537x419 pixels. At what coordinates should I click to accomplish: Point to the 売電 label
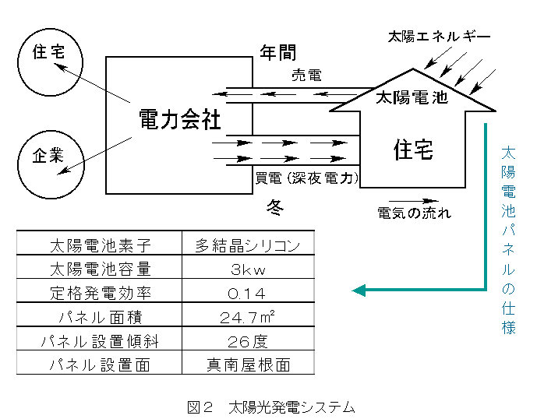[x=306, y=76]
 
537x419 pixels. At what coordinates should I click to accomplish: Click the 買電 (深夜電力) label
[x=307, y=178]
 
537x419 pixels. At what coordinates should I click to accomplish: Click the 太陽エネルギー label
[x=440, y=37]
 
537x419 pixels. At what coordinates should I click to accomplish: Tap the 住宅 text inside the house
[x=414, y=148]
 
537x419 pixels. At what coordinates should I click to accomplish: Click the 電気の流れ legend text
[x=414, y=212]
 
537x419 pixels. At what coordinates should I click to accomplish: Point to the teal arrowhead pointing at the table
[x=359, y=290]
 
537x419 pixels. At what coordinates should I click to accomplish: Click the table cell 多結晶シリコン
[x=247, y=246]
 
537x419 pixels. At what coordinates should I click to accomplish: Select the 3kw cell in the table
[x=247, y=269]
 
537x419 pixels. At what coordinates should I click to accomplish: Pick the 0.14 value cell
[x=247, y=294]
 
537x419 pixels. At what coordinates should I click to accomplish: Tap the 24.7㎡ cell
[x=247, y=317]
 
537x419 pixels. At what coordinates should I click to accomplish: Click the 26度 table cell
[x=247, y=340]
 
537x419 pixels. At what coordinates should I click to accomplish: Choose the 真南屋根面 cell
[x=247, y=364]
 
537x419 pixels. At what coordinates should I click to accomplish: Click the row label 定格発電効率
[x=99, y=294]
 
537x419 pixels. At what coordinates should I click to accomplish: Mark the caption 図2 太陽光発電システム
[x=270, y=407]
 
